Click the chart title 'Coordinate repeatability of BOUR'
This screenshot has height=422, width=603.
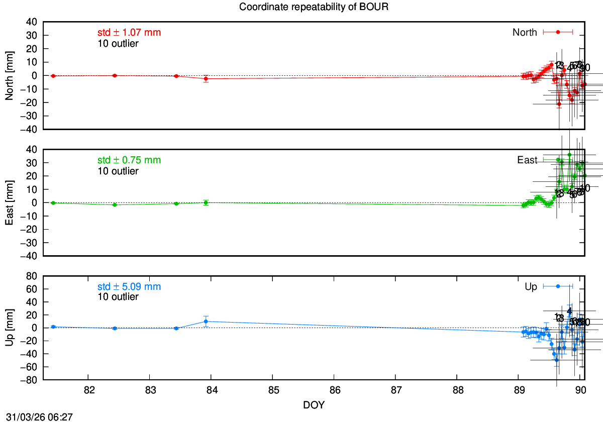click(x=314, y=7)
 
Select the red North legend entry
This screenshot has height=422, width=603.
click(x=542, y=32)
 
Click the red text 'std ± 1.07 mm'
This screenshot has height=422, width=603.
click(x=129, y=33)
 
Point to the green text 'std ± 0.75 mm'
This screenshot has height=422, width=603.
click(x=129, y=160)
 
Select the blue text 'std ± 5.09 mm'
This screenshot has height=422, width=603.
click(x=129, y=287)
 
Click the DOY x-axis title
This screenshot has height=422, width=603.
click(x=314, y=405)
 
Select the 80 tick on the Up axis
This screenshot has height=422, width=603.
click(x=31, y=276)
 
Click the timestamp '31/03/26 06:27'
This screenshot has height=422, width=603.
click(x=37, y=416)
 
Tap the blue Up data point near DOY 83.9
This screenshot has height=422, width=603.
click(x=206, y=322)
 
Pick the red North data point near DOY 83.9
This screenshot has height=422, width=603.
click(x=206, y=79)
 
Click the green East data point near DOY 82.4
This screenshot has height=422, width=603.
click(x=115, y=205)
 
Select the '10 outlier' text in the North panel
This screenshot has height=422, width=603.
click(x=118, y=43)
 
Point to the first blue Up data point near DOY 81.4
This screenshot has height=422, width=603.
click(x=53, y=327)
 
